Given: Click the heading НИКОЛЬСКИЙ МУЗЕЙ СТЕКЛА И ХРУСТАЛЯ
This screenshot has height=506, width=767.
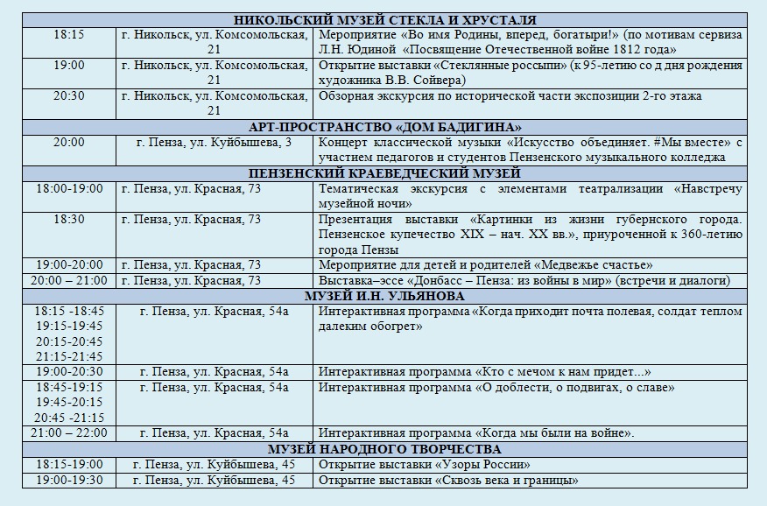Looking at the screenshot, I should point(385,20).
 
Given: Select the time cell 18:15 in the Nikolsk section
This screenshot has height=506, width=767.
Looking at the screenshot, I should point(69,35).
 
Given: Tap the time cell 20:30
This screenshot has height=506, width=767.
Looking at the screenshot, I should point(69,96).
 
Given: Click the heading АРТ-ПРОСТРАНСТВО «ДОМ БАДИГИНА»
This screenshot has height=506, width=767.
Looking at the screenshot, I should point(385,127).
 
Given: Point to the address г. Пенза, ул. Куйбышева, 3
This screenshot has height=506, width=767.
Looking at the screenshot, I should point(215,142).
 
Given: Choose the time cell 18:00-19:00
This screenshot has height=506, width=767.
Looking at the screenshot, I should point(69,188).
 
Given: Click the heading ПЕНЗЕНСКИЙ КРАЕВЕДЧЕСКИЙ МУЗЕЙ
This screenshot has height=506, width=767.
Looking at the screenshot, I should point(385,172).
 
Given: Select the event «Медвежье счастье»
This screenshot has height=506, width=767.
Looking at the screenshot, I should point(485,265).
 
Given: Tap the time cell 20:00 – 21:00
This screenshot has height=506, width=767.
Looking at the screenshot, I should point(69,280).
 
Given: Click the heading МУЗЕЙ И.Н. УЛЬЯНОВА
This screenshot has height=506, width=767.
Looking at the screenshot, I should point(385,296).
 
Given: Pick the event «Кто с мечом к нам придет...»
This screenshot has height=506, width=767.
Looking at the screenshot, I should point(485,371).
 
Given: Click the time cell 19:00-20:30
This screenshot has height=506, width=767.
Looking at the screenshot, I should point(69,371).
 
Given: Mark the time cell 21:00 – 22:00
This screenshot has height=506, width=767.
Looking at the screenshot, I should point(69,432).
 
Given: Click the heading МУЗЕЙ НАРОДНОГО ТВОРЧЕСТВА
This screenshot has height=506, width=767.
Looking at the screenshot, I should point(385,449).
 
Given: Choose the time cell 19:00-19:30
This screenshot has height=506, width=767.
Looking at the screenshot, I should point(69,480).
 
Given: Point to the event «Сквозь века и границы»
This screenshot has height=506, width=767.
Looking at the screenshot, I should point(448,480).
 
